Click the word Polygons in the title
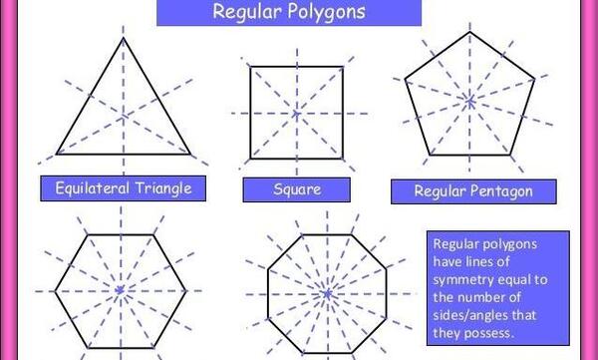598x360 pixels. [x=327, y=12]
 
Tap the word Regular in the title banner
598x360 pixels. [x=247, y=11]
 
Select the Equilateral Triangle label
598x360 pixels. [x=124, y=188]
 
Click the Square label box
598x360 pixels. [x=297, y=189]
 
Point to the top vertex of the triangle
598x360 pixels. [x=124, y=38]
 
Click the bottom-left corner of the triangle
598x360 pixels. [x=57, y=155]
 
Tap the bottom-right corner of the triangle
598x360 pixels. [x=190, y=155]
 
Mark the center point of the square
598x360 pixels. [x=297, y=114]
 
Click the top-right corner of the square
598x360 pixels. [x=343, y=67]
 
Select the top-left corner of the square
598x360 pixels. [x=250, y=67]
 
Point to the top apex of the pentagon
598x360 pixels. [x=469, y=32]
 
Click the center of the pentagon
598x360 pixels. [x=469, y=101]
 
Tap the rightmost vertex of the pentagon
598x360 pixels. [x=534, y=80]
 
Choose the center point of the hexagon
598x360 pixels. [x=121, y=290]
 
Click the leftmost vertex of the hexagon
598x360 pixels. [x=55, y=291]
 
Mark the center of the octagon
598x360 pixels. [x=327, y=293]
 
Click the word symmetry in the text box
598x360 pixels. [x=462, y=280]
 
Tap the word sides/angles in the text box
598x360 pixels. [x=465, y=316]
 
